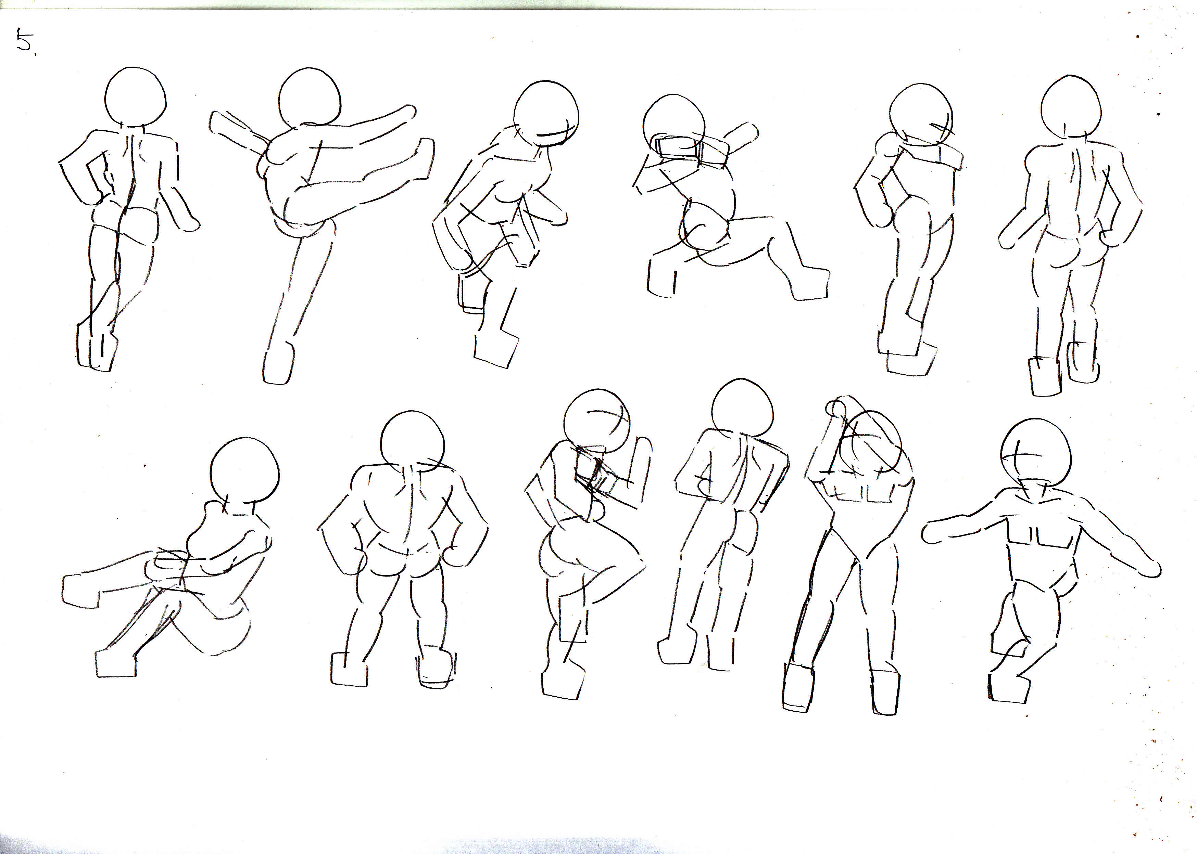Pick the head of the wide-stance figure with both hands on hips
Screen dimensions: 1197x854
pyautogui.click(x=412, y=442)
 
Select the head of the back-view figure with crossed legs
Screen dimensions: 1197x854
pyautogui.click(x=136, y=97)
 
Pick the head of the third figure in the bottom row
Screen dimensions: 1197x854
pyautogui.click(x=597, y=421)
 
